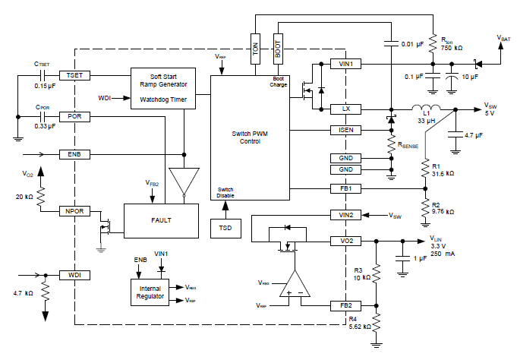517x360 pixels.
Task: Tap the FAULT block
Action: pyautogui.click(x=161, y=220)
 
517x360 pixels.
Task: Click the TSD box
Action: pyautogui.click(x=225, y=228)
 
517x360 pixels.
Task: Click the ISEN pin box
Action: pyautogui.click(x=346, y=130)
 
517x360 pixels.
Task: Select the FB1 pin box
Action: pyautogui.click(x=346, y=187)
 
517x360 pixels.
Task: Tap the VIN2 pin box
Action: pyautogui.click(x=346, y=216)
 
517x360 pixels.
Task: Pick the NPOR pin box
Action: pyautogui.click(x=74, y=210)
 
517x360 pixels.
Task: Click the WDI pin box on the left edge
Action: pyautogui.click(x=74, y=274)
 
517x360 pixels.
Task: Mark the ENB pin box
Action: pyautogui.click(x=74, y=154)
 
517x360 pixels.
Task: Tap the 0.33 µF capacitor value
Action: pyautogui.click(x=45, y=126)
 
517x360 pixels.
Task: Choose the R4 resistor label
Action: pyautogui.click(x=355, y=319)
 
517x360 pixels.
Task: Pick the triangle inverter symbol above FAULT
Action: pyautogui.click(x=182, y=181)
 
